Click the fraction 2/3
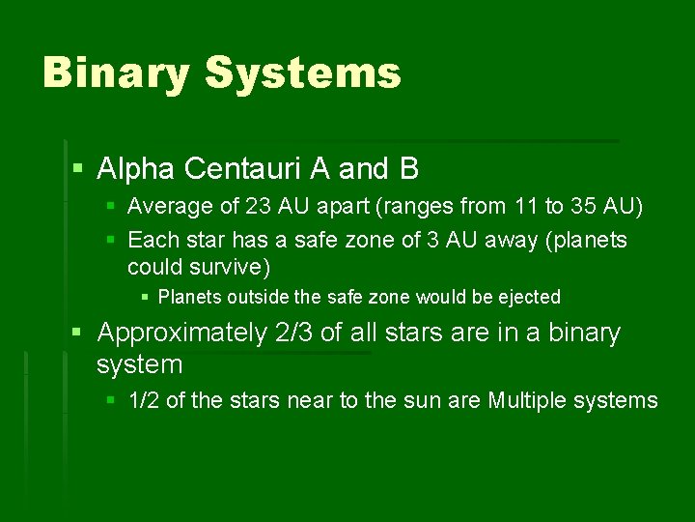[296, 333]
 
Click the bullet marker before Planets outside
[145, 298]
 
